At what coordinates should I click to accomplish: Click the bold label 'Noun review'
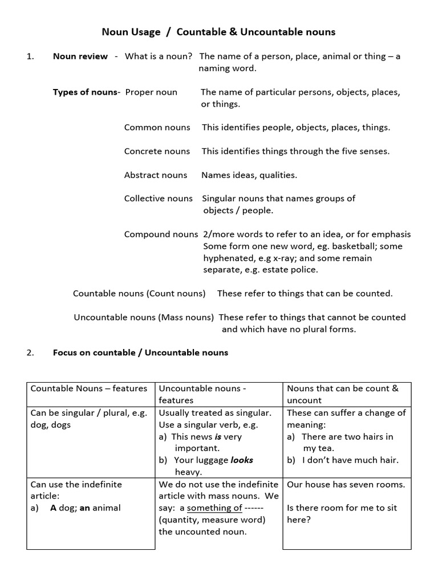click(80, 56)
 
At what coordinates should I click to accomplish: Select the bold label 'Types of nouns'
click(85, 92)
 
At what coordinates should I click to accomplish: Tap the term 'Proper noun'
click(151, 92)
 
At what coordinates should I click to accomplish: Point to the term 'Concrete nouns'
click(157, 151)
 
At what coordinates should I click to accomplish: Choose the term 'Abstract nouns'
click(155, 175)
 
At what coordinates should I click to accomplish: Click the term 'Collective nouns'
click(159, 198)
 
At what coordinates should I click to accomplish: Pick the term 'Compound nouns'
click(161, 234)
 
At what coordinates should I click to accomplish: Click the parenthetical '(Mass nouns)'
click(186, 317)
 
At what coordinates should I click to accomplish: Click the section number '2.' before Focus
click(31, 352)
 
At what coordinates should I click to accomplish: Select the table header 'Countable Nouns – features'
click(88, 388)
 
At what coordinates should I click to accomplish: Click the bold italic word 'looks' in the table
click(242, 460)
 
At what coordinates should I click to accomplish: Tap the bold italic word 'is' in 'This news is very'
click(218, 437)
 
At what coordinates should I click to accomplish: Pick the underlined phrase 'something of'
click(214, 508)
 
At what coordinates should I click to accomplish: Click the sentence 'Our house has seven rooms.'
click(346, 485)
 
